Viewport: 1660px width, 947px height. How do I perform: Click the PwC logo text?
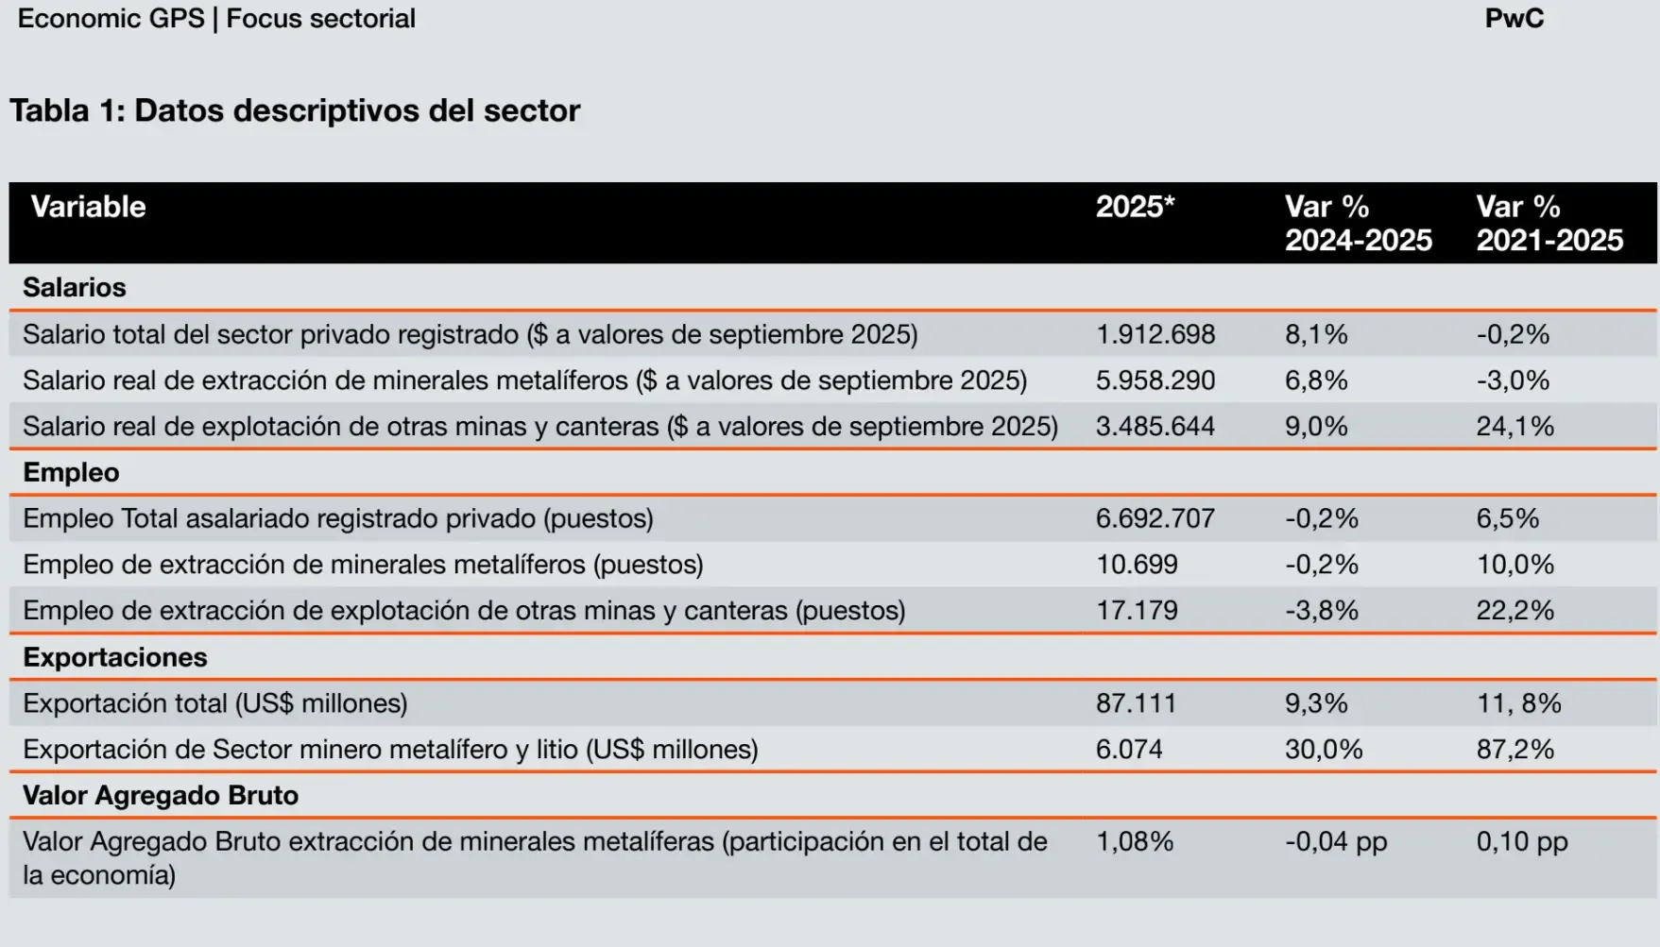click(x=1514, y=19)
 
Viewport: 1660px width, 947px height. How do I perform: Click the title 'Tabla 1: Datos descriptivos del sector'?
click(x=295, y=110)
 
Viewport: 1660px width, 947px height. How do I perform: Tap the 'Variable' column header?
click(x=88, y=207)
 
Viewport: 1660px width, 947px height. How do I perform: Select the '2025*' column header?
click(x=1135, y=207)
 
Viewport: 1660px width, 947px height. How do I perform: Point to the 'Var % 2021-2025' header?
click(x=1549, y=223)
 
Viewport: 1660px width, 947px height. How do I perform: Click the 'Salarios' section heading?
click(x=74, y=287)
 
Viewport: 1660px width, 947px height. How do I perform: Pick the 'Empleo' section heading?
click(x=71, y=472)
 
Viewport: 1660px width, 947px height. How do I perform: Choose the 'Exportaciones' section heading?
click(x=114, y=657)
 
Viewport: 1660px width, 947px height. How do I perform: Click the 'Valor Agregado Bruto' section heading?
click(x=160, y=795)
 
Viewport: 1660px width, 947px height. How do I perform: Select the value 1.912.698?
click(x=1155, y=334)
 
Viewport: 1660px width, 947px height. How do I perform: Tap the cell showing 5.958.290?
click(x=1155, y=380)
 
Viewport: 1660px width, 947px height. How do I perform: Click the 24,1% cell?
click(x=1515, y=427)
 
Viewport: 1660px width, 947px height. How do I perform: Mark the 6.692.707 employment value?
click(x=1155, y=518)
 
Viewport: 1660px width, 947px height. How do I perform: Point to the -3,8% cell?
click(x=1321, y=611)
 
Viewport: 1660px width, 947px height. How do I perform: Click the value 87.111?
click(x=1136, y=703)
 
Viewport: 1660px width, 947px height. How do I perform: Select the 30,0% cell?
click(x=1323, y=750)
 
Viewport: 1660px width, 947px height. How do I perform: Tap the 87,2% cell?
click(x=1515, y=750)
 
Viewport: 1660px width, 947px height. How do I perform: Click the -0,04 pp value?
click(x=1335, y=841)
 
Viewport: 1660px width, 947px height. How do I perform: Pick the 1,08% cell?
click(x=1134, y=841)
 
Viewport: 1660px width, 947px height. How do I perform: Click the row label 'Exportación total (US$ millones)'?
click(x=215, y=703)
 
